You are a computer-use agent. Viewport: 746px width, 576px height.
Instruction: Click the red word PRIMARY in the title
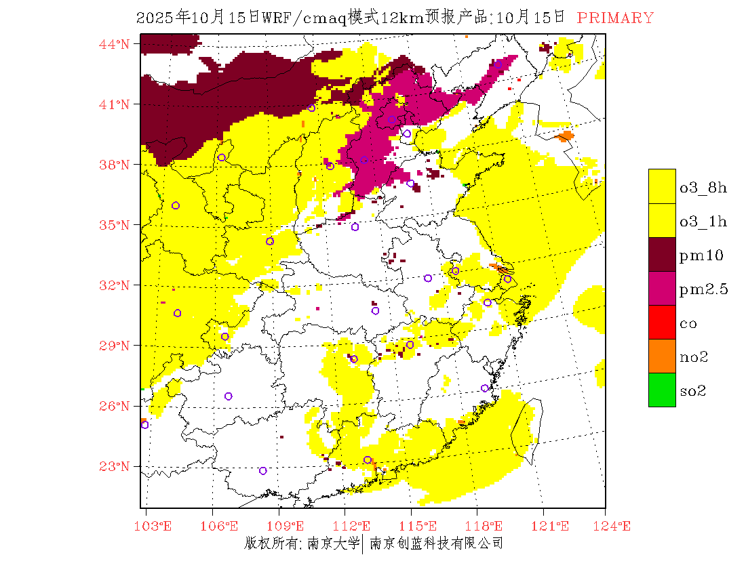(x=615, y=18)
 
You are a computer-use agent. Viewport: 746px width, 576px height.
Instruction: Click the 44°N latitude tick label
(x=114, y=45)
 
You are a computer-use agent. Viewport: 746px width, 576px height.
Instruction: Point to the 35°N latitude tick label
(x=114, y=225)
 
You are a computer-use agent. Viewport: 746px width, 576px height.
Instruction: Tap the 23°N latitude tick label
(x=114, y=466)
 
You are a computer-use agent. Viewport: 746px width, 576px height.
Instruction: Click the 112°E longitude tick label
(x=355, y=526)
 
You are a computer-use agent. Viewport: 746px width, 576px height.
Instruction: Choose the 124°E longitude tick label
(x=616, y=526)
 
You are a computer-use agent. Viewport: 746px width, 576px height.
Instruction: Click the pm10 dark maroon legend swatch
(x=662, y=254)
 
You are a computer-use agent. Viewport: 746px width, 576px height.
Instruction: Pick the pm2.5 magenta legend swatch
(x=662, y=288)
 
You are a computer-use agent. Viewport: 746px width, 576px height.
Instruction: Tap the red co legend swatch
(x=662, y=322)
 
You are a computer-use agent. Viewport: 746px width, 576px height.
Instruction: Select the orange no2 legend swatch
(x=662, y=356)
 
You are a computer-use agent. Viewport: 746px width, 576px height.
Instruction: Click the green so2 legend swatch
(x=662, y=390)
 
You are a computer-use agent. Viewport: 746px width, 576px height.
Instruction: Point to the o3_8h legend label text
(x=703, y=188)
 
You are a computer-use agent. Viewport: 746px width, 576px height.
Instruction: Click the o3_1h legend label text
(x=703, y=222)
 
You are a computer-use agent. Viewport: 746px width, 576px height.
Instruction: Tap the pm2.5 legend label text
(x=703, y=289)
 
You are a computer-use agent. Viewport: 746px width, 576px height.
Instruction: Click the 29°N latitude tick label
(x=114, y=346)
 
